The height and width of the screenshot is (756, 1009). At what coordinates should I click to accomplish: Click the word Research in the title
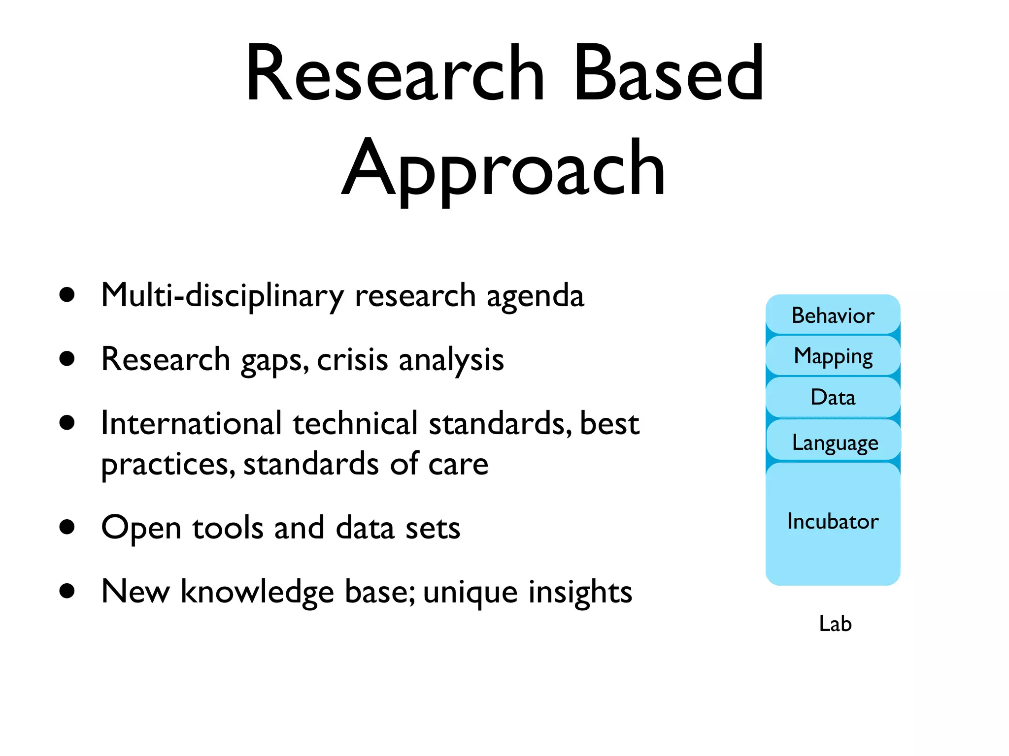394,74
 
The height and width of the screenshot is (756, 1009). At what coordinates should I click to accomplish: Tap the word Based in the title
669,74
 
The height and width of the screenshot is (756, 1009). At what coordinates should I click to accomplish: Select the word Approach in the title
504,170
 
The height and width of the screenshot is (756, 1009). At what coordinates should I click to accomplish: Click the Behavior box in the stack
833,315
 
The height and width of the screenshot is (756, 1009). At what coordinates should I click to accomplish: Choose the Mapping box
833,356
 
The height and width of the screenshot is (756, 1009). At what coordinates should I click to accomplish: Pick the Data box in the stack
833,397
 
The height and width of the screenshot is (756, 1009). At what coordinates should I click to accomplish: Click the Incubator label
833,521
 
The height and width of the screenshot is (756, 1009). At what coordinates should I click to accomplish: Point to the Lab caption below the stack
835,624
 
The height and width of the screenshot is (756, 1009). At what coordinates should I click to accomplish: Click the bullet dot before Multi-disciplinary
67,295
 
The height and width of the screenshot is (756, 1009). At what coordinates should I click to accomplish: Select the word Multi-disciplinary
222,296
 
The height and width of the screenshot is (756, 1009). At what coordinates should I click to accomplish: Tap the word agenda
535,297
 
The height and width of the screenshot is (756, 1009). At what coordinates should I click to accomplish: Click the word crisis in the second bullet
352,360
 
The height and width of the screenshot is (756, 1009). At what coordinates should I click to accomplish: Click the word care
458,465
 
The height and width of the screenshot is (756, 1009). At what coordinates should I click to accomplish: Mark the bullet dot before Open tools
67,527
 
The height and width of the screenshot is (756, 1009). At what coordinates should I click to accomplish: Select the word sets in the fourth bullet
433,529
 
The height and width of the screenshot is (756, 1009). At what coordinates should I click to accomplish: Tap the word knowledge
257,592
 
